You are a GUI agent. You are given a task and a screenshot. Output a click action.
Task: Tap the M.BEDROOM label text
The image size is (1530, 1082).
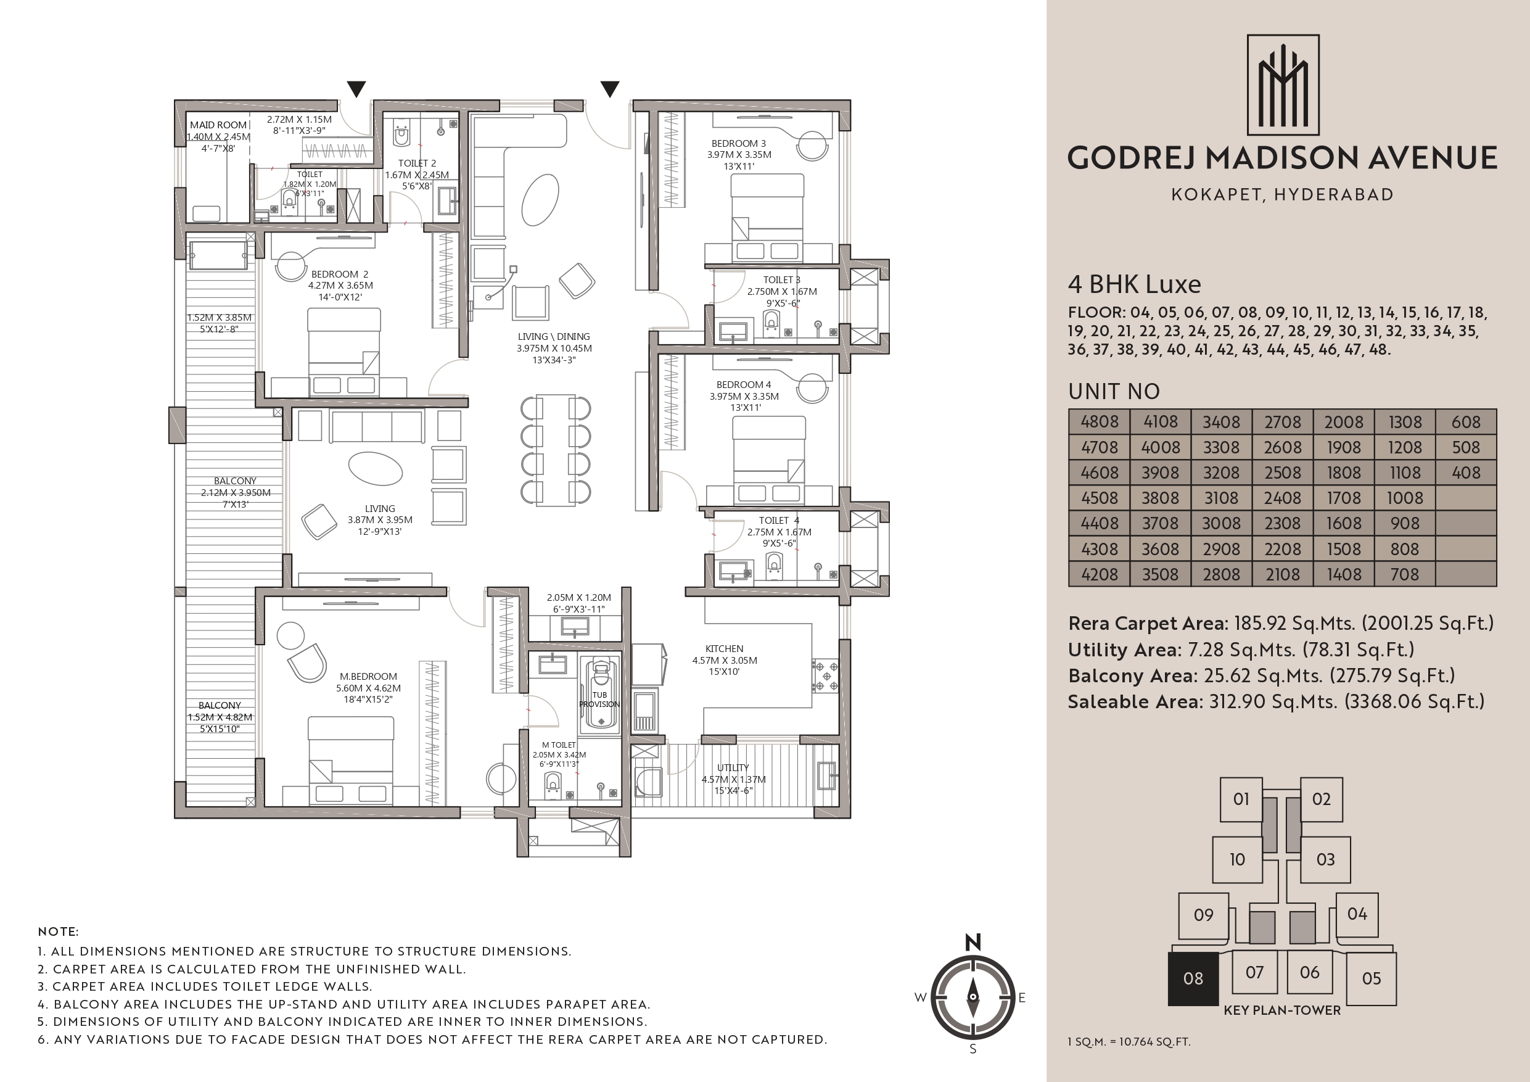coord(368,677)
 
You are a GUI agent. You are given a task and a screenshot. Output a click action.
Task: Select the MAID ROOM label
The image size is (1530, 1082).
coord(218,125)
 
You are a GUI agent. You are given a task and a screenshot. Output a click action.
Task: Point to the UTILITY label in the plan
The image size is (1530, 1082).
coord(733,768)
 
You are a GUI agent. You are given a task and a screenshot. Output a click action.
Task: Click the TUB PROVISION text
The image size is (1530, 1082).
coord(599,700)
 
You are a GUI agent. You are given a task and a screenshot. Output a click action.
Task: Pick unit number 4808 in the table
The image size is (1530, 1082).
coord(1100,422)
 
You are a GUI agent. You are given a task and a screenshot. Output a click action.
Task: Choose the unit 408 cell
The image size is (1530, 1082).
coord(1466,473)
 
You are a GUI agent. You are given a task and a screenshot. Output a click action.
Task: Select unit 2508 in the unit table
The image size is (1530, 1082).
coord(1283,473)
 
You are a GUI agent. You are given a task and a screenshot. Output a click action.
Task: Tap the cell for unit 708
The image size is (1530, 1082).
coord(1405,574)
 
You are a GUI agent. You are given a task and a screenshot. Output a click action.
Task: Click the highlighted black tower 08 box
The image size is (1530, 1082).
coord(1193,978)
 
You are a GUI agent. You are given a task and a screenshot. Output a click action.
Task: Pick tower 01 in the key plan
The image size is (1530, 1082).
coord(1241,799)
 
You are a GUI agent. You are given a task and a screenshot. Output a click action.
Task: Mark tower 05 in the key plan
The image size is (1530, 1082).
coord(1372,978)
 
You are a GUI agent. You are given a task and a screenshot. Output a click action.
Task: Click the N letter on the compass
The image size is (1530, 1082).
coord(973,942)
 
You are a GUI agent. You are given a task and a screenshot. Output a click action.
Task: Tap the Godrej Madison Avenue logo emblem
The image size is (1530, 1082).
coord(1283,85)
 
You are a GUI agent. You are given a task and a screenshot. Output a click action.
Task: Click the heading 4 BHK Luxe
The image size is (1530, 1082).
coord(1134,284)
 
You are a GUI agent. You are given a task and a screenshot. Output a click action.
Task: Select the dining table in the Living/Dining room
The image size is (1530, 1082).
coord(554,450)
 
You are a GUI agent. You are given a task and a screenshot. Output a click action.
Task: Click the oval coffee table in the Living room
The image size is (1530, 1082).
coord(376,468)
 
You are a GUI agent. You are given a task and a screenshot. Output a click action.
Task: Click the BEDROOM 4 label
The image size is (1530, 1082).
coord(744,385)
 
